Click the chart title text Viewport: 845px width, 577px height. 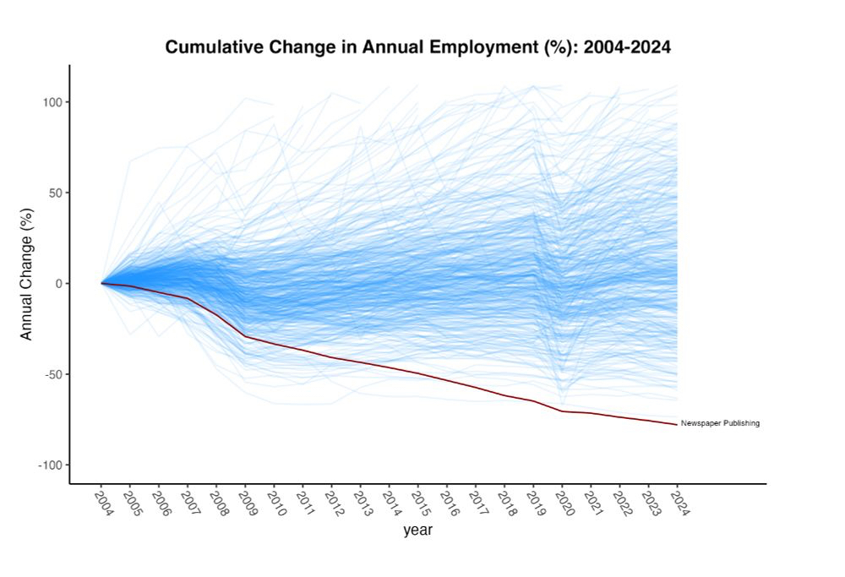tap(417, 47)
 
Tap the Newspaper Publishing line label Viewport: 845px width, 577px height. tap(720, 423)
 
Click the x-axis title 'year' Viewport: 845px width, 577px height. tap(417, 531)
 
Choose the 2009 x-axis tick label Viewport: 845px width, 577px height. tap(244, 504)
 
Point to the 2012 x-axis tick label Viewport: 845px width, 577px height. tap(330, 504)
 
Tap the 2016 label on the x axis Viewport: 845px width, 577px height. tap(446, 504)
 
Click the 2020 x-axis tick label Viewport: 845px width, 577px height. tap(561, 504)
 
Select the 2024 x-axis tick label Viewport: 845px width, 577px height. tap(676, 504)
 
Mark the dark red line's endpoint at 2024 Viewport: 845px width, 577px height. tap(676, 423)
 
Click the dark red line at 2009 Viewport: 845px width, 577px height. tap(245, 336)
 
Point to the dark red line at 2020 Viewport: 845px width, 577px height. tap(562, 411)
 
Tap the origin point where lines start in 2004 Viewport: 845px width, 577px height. tap(102, 283)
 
